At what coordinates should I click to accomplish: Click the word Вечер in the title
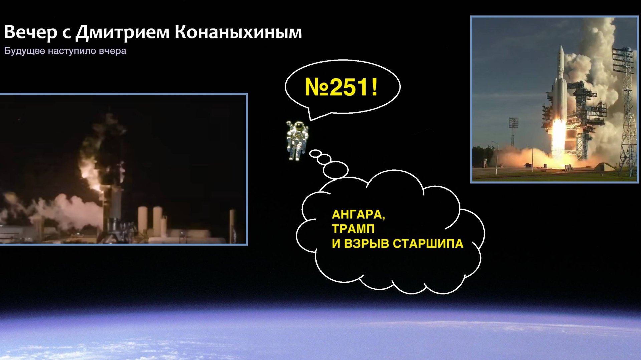[30, 32]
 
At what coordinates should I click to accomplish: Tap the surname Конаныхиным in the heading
[238, 32]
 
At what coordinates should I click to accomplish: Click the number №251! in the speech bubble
[341, 87]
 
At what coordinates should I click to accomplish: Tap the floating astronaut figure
[297, 140]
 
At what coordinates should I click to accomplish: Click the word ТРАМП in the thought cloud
[353, 229]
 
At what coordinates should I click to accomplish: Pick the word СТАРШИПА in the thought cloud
[428, 244]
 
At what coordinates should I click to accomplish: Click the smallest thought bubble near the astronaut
[315, 154]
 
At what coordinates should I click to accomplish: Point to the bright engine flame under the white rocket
[558, 137]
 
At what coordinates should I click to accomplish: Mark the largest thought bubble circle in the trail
[336, 170]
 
